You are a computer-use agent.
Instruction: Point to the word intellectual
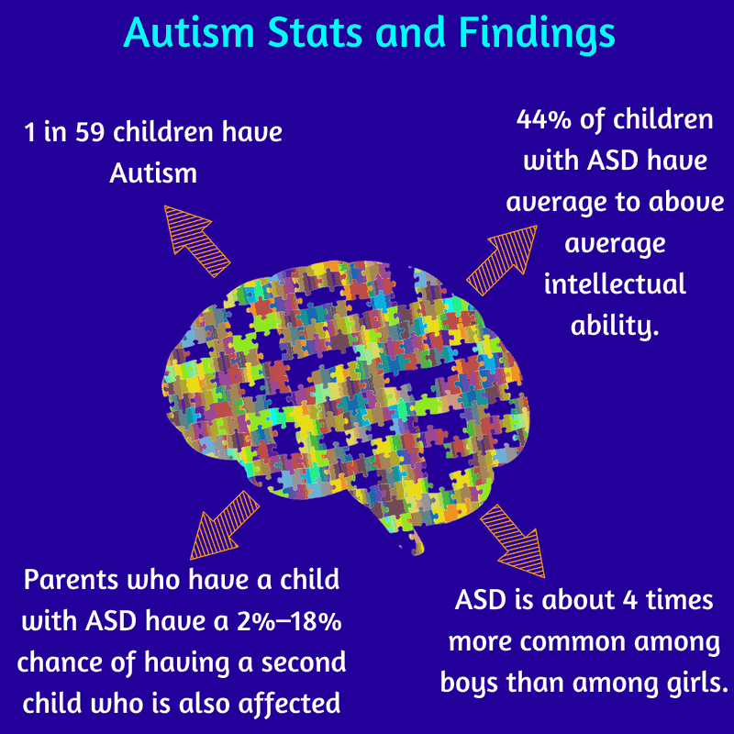pos(615,284)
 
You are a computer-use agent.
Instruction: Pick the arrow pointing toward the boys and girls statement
pos(512,539)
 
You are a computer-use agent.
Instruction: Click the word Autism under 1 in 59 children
pos(153,173)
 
